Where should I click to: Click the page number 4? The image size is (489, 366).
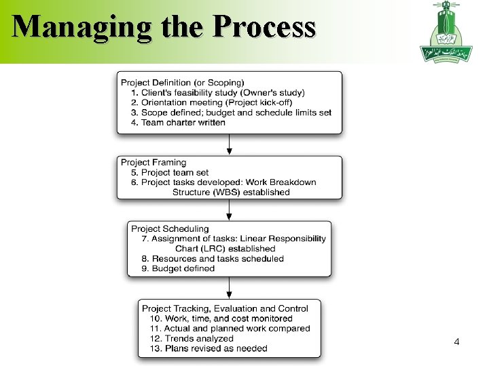(456, 343)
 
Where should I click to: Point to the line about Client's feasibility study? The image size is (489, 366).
(218, 93)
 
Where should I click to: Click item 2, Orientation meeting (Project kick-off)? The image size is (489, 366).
(212, 102)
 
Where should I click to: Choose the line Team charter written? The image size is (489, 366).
(179, 122)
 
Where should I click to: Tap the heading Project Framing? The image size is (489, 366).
(153, 163)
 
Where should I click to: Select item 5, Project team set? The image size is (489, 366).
(170, 172)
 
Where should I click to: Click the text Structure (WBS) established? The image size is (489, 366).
(231, 192)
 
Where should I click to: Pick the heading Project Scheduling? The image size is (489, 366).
(170, 229)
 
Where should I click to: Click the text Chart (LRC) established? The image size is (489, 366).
(225, 249)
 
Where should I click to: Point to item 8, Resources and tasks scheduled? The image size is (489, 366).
(213, 258)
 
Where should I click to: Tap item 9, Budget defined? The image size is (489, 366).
(178, 268)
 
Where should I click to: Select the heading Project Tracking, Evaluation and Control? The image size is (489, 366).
(225, 308)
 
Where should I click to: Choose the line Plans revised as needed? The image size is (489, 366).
(206, 348)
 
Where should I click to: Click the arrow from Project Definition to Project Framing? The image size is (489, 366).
(230, 144)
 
